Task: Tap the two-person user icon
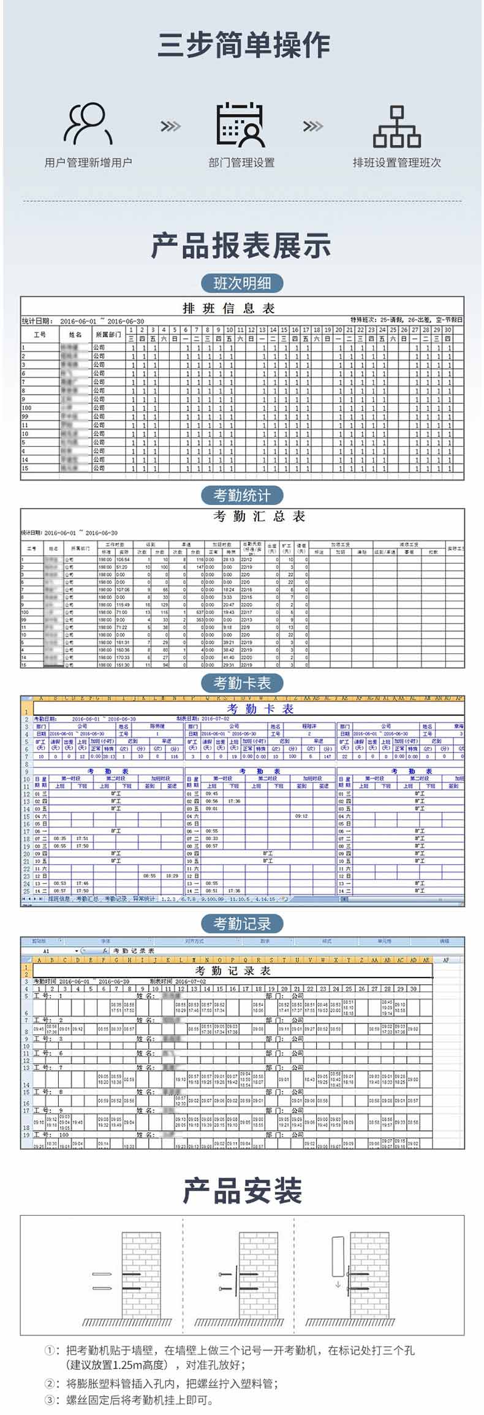coord(88,123)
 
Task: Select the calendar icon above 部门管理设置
coord(241,124)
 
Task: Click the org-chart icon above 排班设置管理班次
coord(396,126)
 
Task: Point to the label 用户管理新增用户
coord(88,162)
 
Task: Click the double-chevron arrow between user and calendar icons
coord(170,126)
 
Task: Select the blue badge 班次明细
coord(241,283)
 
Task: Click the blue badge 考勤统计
coord(241,495)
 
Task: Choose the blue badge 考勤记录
coord(241,924)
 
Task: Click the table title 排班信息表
coord(229,308)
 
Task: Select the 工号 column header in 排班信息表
coord(40,335)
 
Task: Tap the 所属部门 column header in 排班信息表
coord(108,335)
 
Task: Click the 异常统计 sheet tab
coord(145,899)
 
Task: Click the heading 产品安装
coord(241,1191)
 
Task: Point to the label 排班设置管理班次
coord(396,162)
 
